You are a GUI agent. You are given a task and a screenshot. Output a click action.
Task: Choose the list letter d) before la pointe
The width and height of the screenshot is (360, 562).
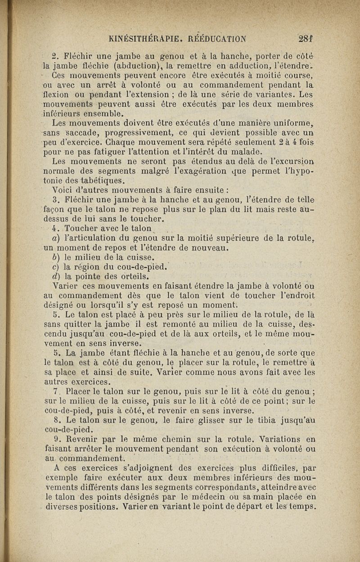click(x=57, y=275)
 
